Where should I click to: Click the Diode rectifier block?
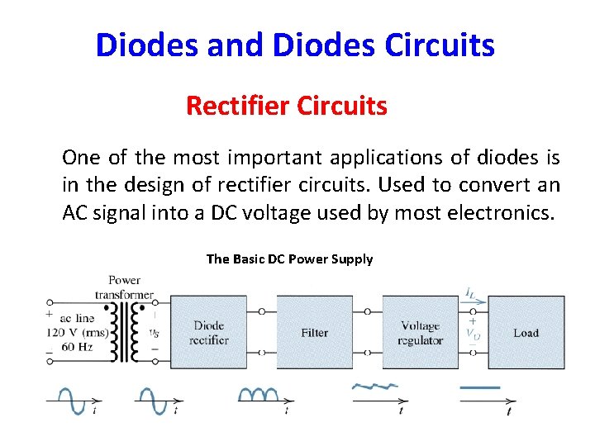click(x=209, y=332)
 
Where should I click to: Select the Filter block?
click(x=314, y=332)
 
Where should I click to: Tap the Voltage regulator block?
click(x=420, y=332)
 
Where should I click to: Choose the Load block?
click(x=526, y=332)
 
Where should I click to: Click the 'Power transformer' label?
click(x=124, y=287)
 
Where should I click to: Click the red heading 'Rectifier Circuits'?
click(x=287, y=106)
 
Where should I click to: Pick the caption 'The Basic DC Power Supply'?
click(x=289, y=259)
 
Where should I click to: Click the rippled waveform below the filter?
click(x=376, y=386)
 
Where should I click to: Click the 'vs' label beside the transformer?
click(x=154, y=332)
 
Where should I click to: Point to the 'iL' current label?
click(x=469, y=292)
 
